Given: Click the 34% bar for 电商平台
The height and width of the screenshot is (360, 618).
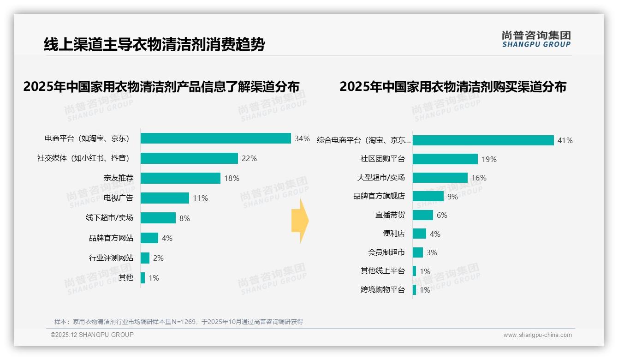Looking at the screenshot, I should pyautogui.click(x=215, y=138).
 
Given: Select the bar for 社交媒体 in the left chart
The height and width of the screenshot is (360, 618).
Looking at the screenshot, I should pyautogui.click(x=189, y=158).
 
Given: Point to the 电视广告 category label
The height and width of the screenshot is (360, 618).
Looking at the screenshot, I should pyautogui.click(x=119, y=198).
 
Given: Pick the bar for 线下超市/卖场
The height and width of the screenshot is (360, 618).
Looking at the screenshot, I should pyautogui.click(x=158, y=218).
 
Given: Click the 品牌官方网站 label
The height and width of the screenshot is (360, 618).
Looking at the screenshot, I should pyautogui.click(x=111, y=238).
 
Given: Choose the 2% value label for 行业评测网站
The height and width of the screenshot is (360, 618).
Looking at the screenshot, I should pyautogui.click(x=158, y=258).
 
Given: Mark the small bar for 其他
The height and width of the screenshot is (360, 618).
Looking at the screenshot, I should pyautogui.click(x=143, y=278).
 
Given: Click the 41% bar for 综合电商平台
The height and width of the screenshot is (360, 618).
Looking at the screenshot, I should pyautogui.click(x=483, y=140).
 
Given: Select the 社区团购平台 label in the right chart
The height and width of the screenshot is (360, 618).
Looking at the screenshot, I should pyautogui.click(x=382, y=159).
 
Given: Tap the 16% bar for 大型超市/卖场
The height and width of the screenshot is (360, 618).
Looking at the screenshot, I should pyautogui.click(x=440, y=178).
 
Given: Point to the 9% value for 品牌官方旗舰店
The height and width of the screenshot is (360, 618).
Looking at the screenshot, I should pyautogui.click(x=452, y=197).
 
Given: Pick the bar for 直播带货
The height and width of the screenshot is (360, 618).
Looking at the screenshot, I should pyautogui.click(x=422, y=215).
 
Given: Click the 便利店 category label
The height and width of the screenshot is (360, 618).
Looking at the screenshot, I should pyautogui.click(x=393, y=234).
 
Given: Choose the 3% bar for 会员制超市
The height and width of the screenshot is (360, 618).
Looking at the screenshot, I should pyautogui.click(x=417, y=252).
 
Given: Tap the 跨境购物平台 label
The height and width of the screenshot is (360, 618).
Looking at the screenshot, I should pyautogui.click(x=382, y=290).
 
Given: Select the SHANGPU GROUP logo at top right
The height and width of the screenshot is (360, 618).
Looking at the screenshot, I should pyautogui.click(x=536, y=39).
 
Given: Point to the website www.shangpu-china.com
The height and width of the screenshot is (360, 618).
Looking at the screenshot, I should pyautogui.click(x=537, y=335).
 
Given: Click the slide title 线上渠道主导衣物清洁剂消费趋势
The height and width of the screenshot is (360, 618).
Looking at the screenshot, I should pyautogui.click(x=154, y=45).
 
